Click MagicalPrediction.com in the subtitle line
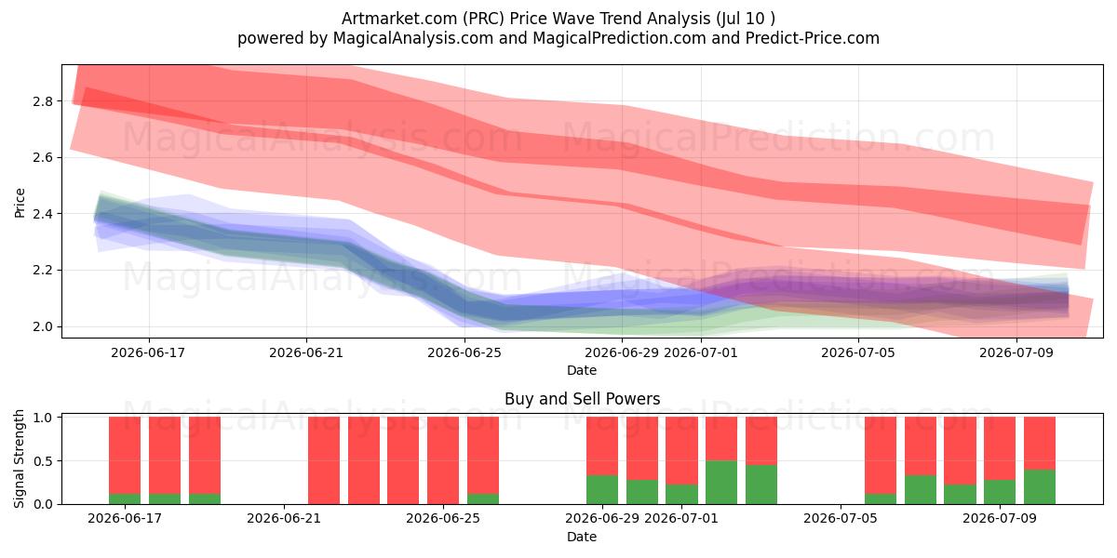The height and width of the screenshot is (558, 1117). coord(619,38)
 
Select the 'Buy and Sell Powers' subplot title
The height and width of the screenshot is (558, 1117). coord(582,399)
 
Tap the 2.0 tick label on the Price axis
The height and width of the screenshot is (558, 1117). coord(43,327)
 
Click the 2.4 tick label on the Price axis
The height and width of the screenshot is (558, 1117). coord(43,214)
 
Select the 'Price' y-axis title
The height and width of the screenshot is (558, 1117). coord(20,203)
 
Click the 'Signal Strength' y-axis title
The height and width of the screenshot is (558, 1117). coord(19,458)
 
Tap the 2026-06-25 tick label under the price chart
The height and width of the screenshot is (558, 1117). coord(464,352)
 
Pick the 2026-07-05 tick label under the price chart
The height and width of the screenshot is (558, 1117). coord(858,352)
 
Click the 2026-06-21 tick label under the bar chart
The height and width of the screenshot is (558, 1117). coord(284,519)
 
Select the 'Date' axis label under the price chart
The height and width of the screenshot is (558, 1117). coord(582,370)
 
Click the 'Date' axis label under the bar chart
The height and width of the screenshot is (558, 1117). coord(582,537)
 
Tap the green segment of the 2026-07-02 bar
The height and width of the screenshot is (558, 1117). coord(721,483)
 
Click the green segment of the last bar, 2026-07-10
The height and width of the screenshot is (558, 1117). coord(1039,486)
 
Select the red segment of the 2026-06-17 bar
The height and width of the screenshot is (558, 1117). coord(125,456)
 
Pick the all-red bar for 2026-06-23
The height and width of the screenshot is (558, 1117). coord(364,460)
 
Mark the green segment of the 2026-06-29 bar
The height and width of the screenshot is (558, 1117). coord(602,490)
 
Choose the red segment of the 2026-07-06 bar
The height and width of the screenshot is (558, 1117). coord(881,456)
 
